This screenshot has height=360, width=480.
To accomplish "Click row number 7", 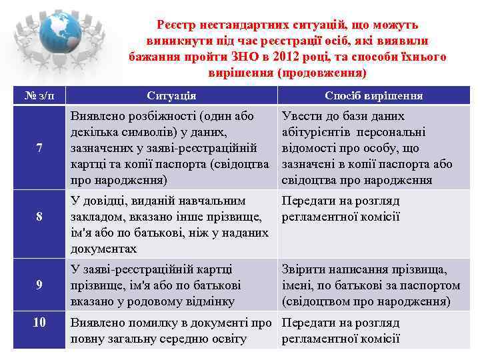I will (x=39, y=149).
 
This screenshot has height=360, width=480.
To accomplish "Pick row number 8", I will (x=39, y=216).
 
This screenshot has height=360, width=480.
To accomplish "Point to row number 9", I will (x=39, y=285).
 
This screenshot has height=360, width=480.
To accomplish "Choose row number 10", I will (x=39, y=323).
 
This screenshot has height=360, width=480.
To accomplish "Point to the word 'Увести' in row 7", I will (x=301, y=116).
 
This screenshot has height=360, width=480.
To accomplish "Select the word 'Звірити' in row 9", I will (x=304, y=269).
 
